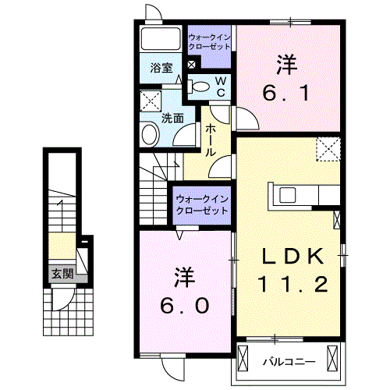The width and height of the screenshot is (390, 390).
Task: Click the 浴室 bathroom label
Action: point(162,68)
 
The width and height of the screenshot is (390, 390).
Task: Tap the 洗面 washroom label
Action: point(172,119)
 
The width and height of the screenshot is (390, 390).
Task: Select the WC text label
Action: point(220,87)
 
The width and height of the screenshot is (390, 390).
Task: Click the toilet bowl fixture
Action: point(200,87)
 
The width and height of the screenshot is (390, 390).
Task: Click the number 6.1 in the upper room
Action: point(289,94)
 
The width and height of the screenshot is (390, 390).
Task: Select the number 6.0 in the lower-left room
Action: point(184,307)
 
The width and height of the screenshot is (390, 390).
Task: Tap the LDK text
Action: point(289,258)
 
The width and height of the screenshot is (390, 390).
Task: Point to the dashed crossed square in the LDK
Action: point(328,148)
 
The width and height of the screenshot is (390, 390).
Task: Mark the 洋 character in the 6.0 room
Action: point(184,276)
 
